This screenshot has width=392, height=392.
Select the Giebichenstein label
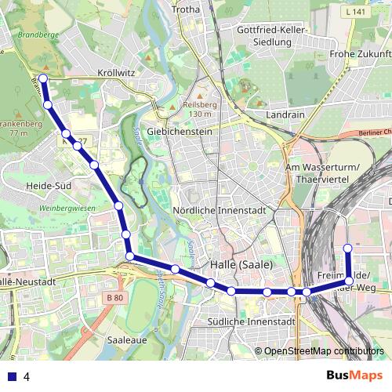[x=180, y=132]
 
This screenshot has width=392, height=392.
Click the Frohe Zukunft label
[x=360, y=54]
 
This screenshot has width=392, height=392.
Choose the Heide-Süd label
[x=50, y=185]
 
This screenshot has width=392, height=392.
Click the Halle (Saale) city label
[x=241, y=265]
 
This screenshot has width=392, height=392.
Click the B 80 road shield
[x=114, y=298]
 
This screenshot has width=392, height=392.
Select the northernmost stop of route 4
[x=43, y=78]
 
